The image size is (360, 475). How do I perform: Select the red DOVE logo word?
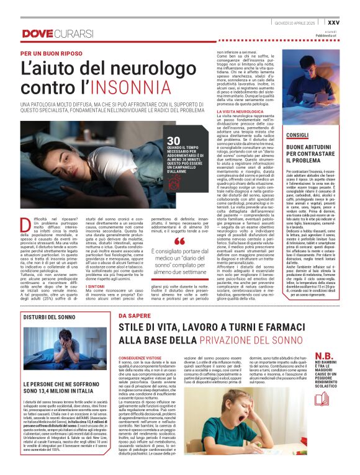(x=37, y=33)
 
